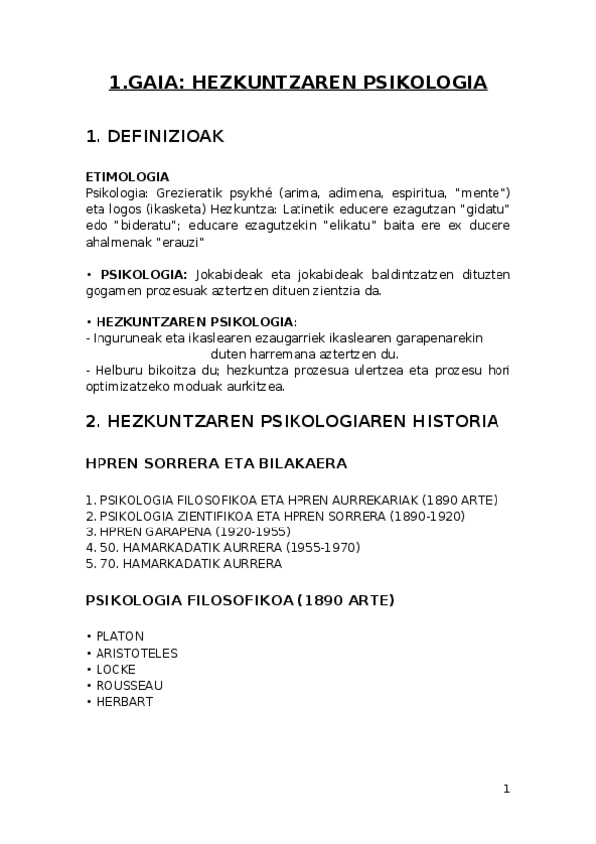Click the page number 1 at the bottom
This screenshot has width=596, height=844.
pos(506,789)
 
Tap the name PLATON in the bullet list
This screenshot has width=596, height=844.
pos(119,635)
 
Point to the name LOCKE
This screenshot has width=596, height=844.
pos(115,669)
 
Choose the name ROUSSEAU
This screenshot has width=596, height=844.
pos(129,685)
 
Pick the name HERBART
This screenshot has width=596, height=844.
pos(124,701)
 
